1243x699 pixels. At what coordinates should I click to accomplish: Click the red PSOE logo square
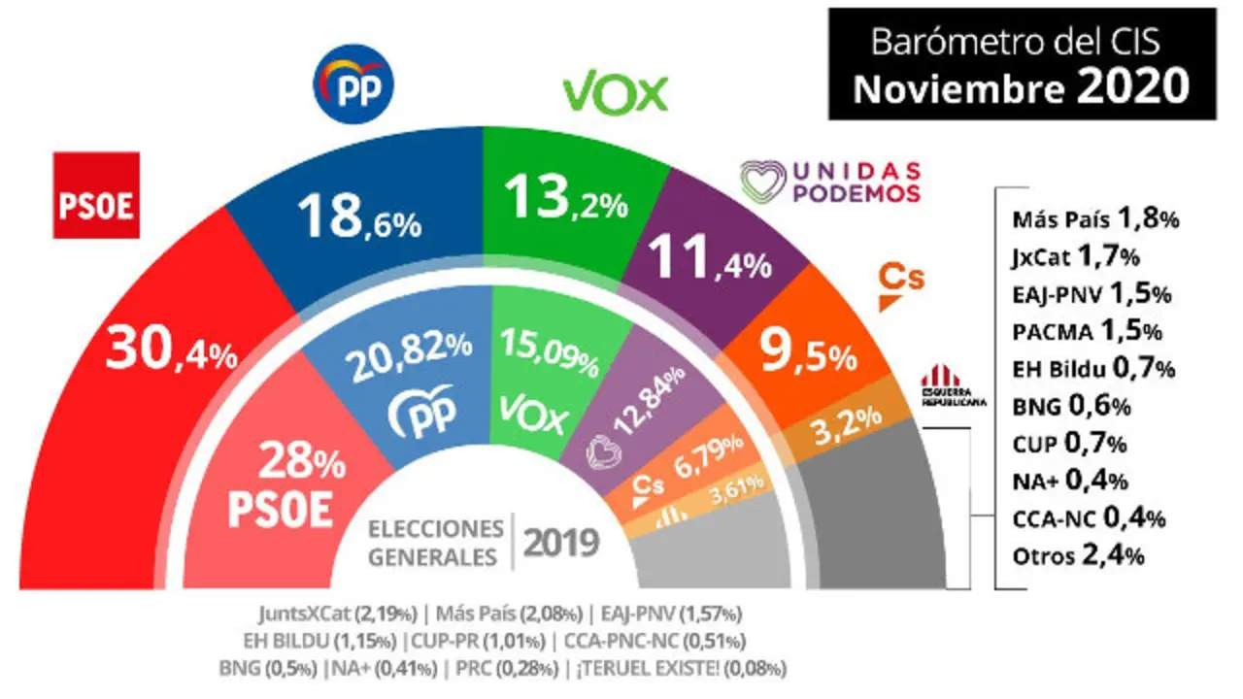pos(95,195)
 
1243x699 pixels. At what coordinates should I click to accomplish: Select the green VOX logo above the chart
pos(616,94)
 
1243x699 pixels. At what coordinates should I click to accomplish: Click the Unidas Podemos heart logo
pos(763,181)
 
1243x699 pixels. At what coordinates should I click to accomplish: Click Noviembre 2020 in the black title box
pos(1020,88)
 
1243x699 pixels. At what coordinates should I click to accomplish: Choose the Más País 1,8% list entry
pos(1093,218)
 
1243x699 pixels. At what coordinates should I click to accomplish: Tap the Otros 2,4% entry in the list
pos(1077,556)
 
